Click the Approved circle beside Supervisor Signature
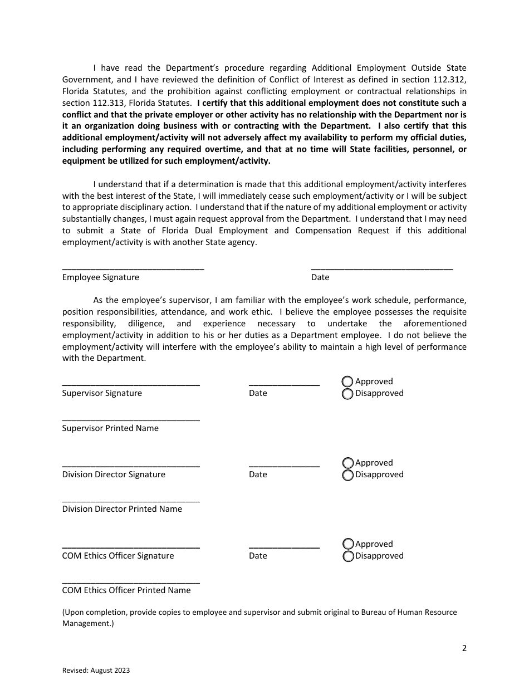click(347, 381)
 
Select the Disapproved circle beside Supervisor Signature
click(347, 394)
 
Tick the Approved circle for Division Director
click(348, 463)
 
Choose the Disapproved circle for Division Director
click(348, 475)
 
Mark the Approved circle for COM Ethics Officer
click(348, 544)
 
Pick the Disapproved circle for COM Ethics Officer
click(348, 556)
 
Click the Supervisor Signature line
click(131, 383)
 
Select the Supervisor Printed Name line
click(131, 418)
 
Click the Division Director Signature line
click(131, 464)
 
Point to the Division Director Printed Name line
click(131, 500)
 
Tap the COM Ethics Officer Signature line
click(131, 546)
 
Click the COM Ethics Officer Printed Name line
click(131, 581)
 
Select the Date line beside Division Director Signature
click(284, 464)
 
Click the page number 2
click(464, 648)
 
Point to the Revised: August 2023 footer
click(96, 671)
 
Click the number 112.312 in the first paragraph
click(450, 80)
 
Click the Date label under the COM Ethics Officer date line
click(258, 556)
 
